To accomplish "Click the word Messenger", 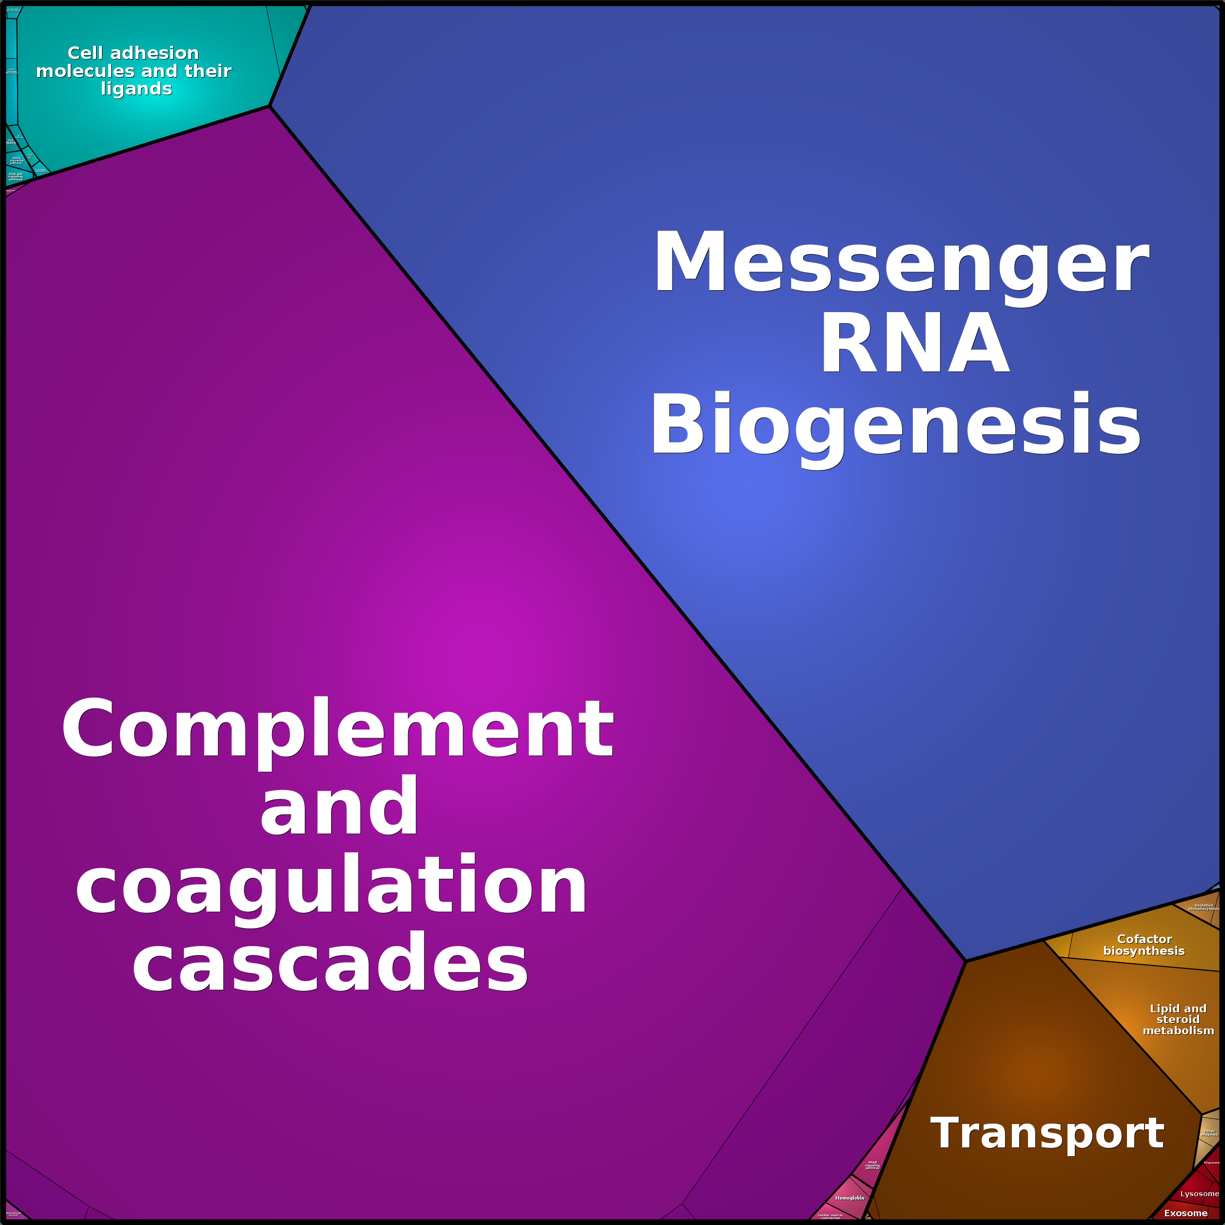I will (x=900, y=261).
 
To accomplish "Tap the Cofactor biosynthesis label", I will (x=1144, y=945).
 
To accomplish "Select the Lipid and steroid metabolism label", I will (x=1178, y=1020).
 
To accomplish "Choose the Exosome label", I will (x=1185, y=1213).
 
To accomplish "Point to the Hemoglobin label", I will (x=850, y=1198).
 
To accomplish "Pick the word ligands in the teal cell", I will (x=137, y=89).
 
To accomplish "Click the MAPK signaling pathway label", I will (x=17, y=160).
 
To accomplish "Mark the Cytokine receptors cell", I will (x=40, y=170).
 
